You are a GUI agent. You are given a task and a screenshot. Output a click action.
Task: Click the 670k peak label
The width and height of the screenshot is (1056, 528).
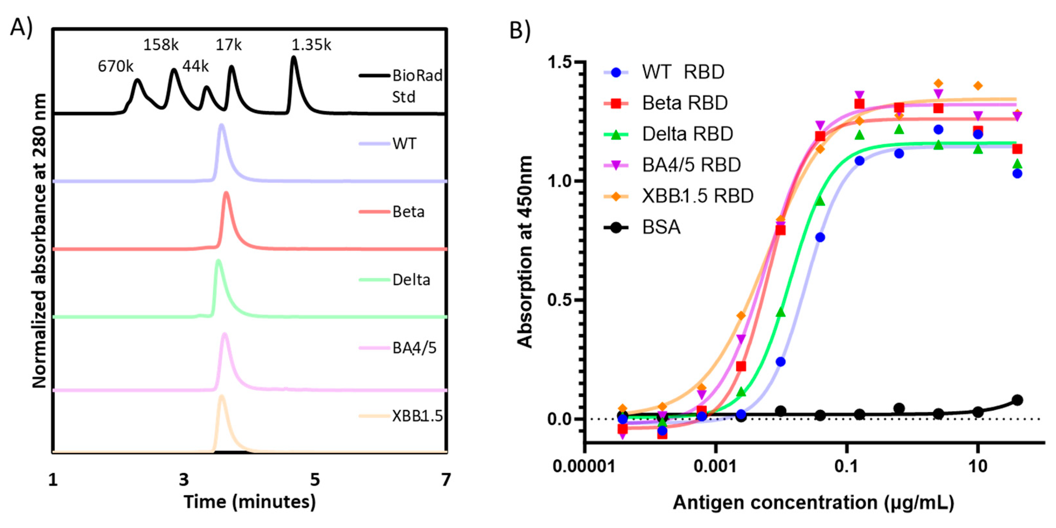pos(115,66)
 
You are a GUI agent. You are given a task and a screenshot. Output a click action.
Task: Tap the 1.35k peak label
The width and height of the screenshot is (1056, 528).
pos(311,45)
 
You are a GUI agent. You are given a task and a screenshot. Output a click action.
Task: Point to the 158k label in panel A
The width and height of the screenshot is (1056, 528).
pos(161,45)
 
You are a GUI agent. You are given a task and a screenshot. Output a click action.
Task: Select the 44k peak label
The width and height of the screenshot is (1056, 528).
pos(195,66)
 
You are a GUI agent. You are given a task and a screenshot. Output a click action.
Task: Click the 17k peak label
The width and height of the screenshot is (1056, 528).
pos(228,45)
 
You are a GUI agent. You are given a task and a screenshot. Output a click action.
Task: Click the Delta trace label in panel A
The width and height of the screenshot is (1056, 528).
pos(411,280)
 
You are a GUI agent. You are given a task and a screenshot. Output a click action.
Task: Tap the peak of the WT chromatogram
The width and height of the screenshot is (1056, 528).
pos(222,125)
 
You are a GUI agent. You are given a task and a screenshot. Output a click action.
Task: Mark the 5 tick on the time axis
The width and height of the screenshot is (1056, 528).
pos(315,479)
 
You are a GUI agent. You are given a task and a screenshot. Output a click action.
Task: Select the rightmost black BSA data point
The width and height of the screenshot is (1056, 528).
pos(1017,400)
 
